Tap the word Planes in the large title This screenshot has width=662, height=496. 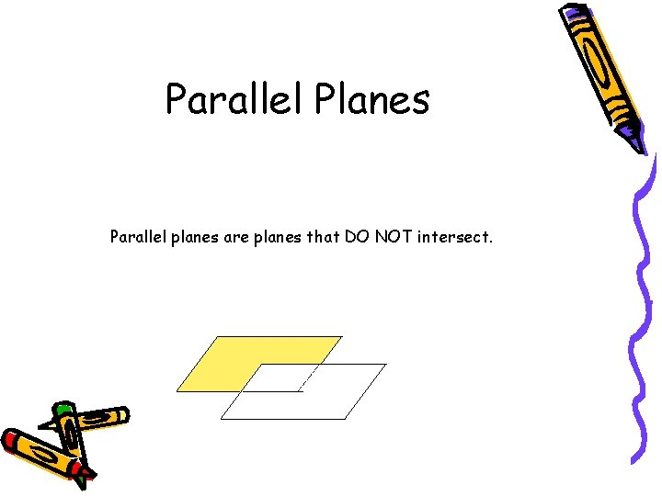tap(371, 99)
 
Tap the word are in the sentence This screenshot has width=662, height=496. tap(234, 237)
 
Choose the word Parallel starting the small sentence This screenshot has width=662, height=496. tap(136, 237)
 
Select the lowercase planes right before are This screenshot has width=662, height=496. tap(193, 238)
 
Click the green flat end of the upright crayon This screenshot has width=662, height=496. tap(63, 408)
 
